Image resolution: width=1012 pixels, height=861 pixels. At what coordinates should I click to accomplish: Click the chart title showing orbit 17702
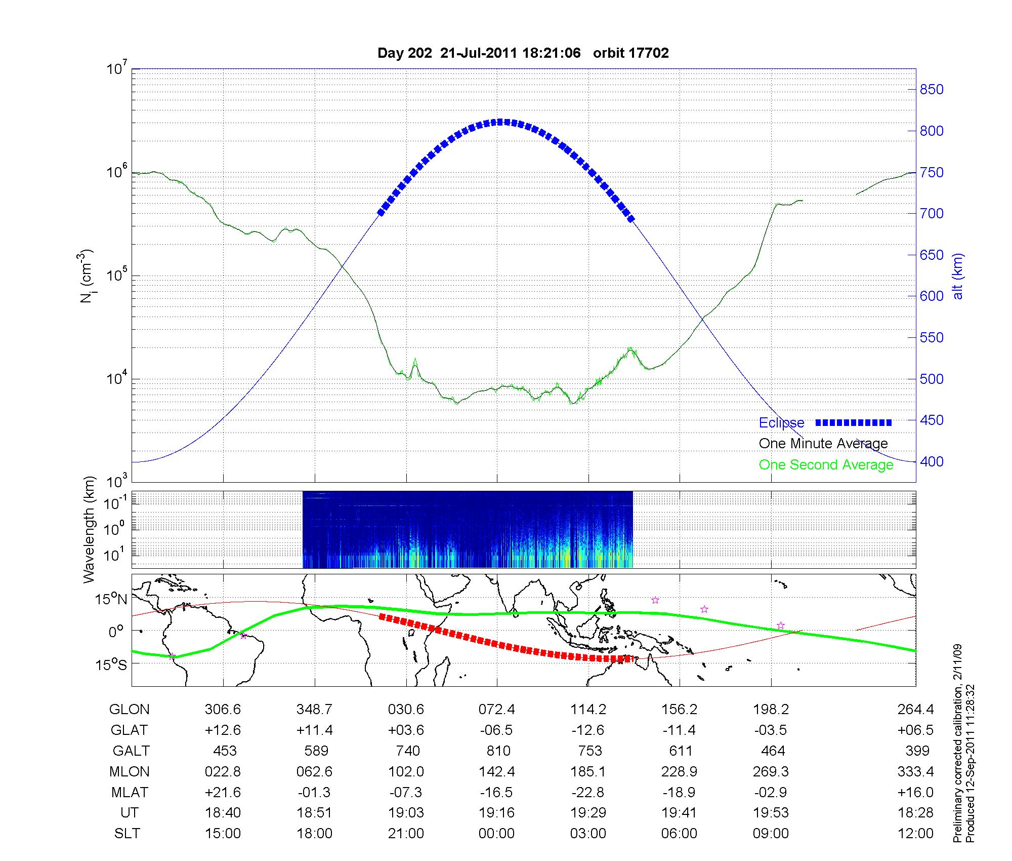pyautogui.click(x=523, y=53)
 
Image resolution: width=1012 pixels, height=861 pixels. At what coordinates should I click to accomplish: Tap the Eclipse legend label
pyautogui.click(x=781, y=423)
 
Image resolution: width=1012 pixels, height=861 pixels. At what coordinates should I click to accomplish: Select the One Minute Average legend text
pyautogui.click(x=823, y=444)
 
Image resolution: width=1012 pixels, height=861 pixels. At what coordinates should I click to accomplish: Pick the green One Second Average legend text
pyautogui.click(x=826, y=465)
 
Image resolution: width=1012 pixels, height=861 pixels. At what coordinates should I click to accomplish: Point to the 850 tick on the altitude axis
pyautogui.click(x=932, y=90)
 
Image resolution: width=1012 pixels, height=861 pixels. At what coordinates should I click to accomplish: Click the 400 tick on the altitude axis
pyautogui.click(x=932, y=462)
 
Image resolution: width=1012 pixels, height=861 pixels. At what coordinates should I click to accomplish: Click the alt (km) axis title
pyautogui.click(x=958, y=276)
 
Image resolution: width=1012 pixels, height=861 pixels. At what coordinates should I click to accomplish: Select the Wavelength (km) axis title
pyautogui.click(x=90, y=530)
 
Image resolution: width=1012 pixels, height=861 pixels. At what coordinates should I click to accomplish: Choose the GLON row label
pyautogui.click(x=129, y=710)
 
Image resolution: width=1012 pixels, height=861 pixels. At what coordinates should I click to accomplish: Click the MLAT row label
pyautogui.click(x=130, y=792)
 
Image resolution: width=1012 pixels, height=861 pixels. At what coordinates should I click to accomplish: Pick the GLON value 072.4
pyautogui.click(x=496, y=710)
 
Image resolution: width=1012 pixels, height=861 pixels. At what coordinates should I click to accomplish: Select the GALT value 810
pyautogui.click(x=498, y=751)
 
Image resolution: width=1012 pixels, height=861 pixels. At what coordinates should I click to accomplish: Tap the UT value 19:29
pyautogui.click(x=588, y=813)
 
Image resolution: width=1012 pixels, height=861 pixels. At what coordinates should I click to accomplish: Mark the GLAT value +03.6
pyautogui.click(x=406, y=730)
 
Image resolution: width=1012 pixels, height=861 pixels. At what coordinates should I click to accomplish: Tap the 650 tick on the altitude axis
pyautogui.click(x=932, y=255)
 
